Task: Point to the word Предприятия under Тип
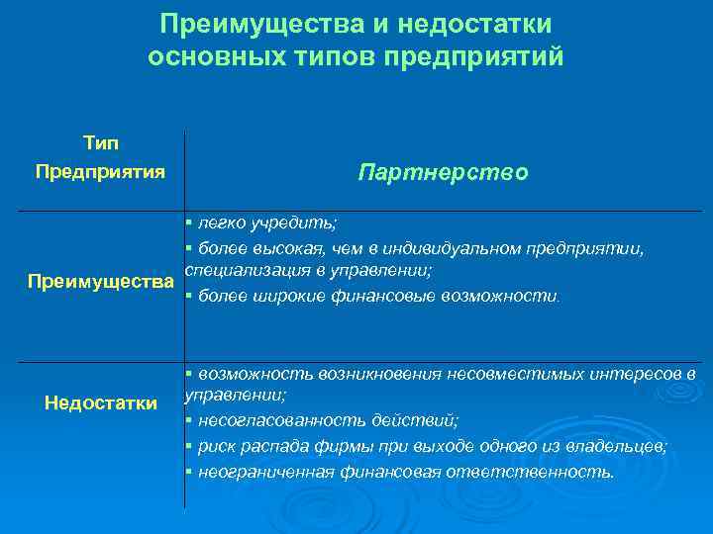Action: pyautogui.click(x=100, y=172)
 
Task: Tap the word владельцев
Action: pyautogui.click(x=622, y=446)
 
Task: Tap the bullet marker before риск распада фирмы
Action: pyautogui.click(x=187, y=446)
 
